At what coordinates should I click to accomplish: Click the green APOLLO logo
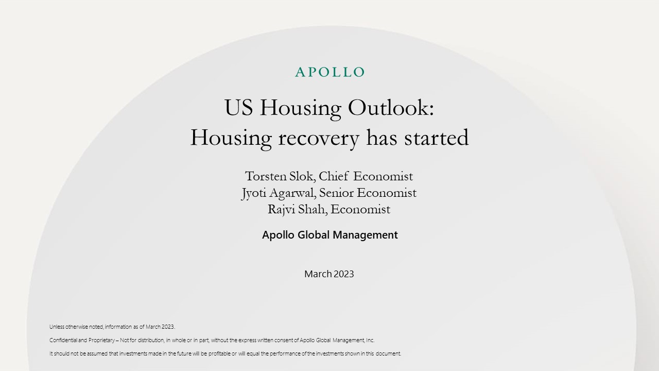tap(329, 72)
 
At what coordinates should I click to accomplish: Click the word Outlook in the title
tap(391, 108)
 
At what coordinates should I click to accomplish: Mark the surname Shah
tap(313, 210)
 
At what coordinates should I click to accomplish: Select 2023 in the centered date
tap(344, 274)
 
